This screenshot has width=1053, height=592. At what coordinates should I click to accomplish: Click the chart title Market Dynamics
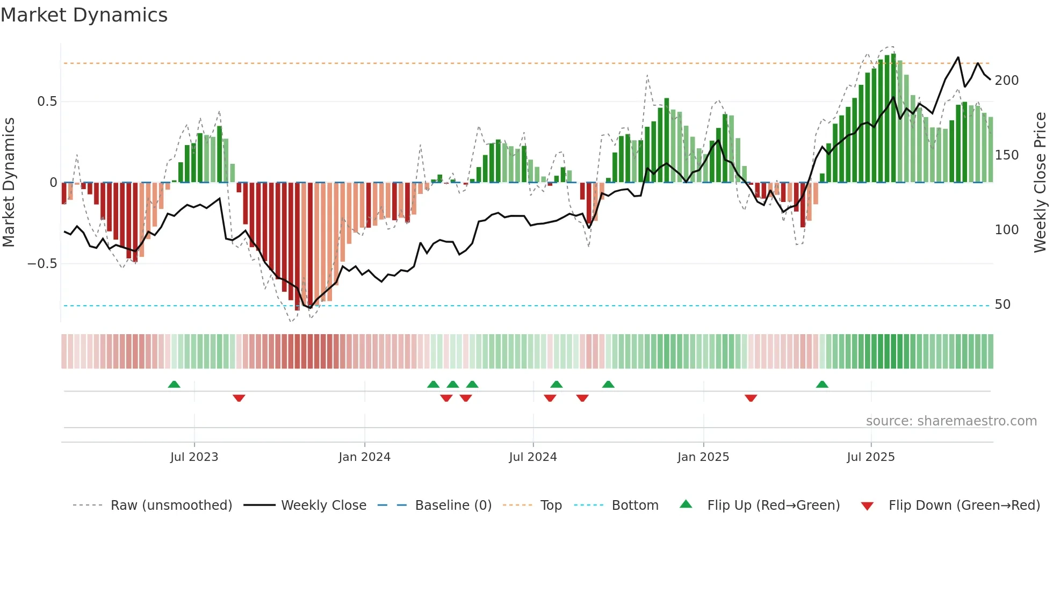84,15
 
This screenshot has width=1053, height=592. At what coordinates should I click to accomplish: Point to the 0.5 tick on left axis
47,102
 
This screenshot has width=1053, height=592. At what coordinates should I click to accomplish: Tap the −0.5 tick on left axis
42,264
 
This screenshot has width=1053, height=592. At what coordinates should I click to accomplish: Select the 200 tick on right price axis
1006,81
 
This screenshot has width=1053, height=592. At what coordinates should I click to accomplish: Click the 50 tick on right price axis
1002,305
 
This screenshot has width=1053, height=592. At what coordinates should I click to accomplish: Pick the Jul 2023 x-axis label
194,457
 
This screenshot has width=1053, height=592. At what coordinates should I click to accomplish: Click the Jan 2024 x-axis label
364,457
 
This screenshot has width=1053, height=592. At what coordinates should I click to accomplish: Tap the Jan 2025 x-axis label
703,457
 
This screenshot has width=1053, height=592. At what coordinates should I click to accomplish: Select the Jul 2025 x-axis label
870,457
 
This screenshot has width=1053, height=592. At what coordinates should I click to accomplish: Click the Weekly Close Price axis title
1040,183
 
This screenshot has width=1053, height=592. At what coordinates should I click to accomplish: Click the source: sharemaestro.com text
951,421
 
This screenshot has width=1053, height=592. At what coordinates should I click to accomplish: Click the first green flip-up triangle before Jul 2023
174,384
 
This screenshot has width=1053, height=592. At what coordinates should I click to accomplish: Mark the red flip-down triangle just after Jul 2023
239,398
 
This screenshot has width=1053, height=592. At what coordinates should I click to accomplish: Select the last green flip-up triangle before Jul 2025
822,384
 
